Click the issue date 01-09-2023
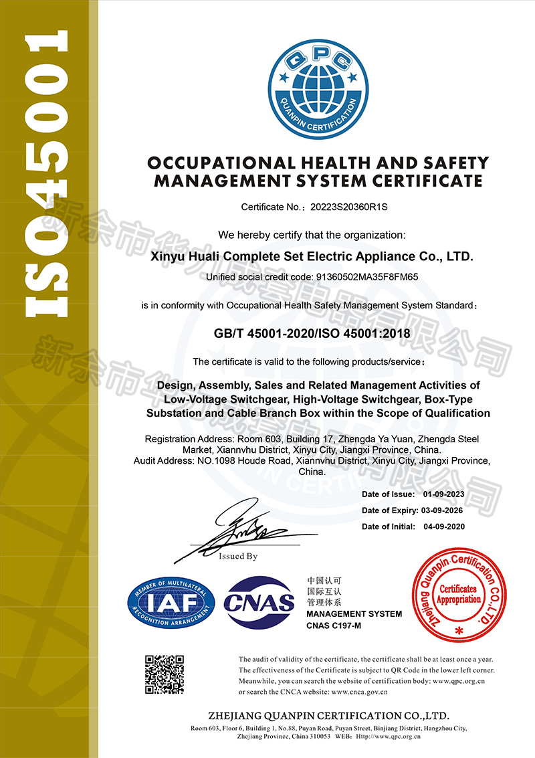(x=443, y=494)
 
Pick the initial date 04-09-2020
(x=443, y=527)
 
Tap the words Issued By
(x=238, y=556)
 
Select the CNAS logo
(x=259, y=602)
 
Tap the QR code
(x=165, y=674)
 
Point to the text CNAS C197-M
(x=334, y=626)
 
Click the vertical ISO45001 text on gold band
(x=47, y=174)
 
